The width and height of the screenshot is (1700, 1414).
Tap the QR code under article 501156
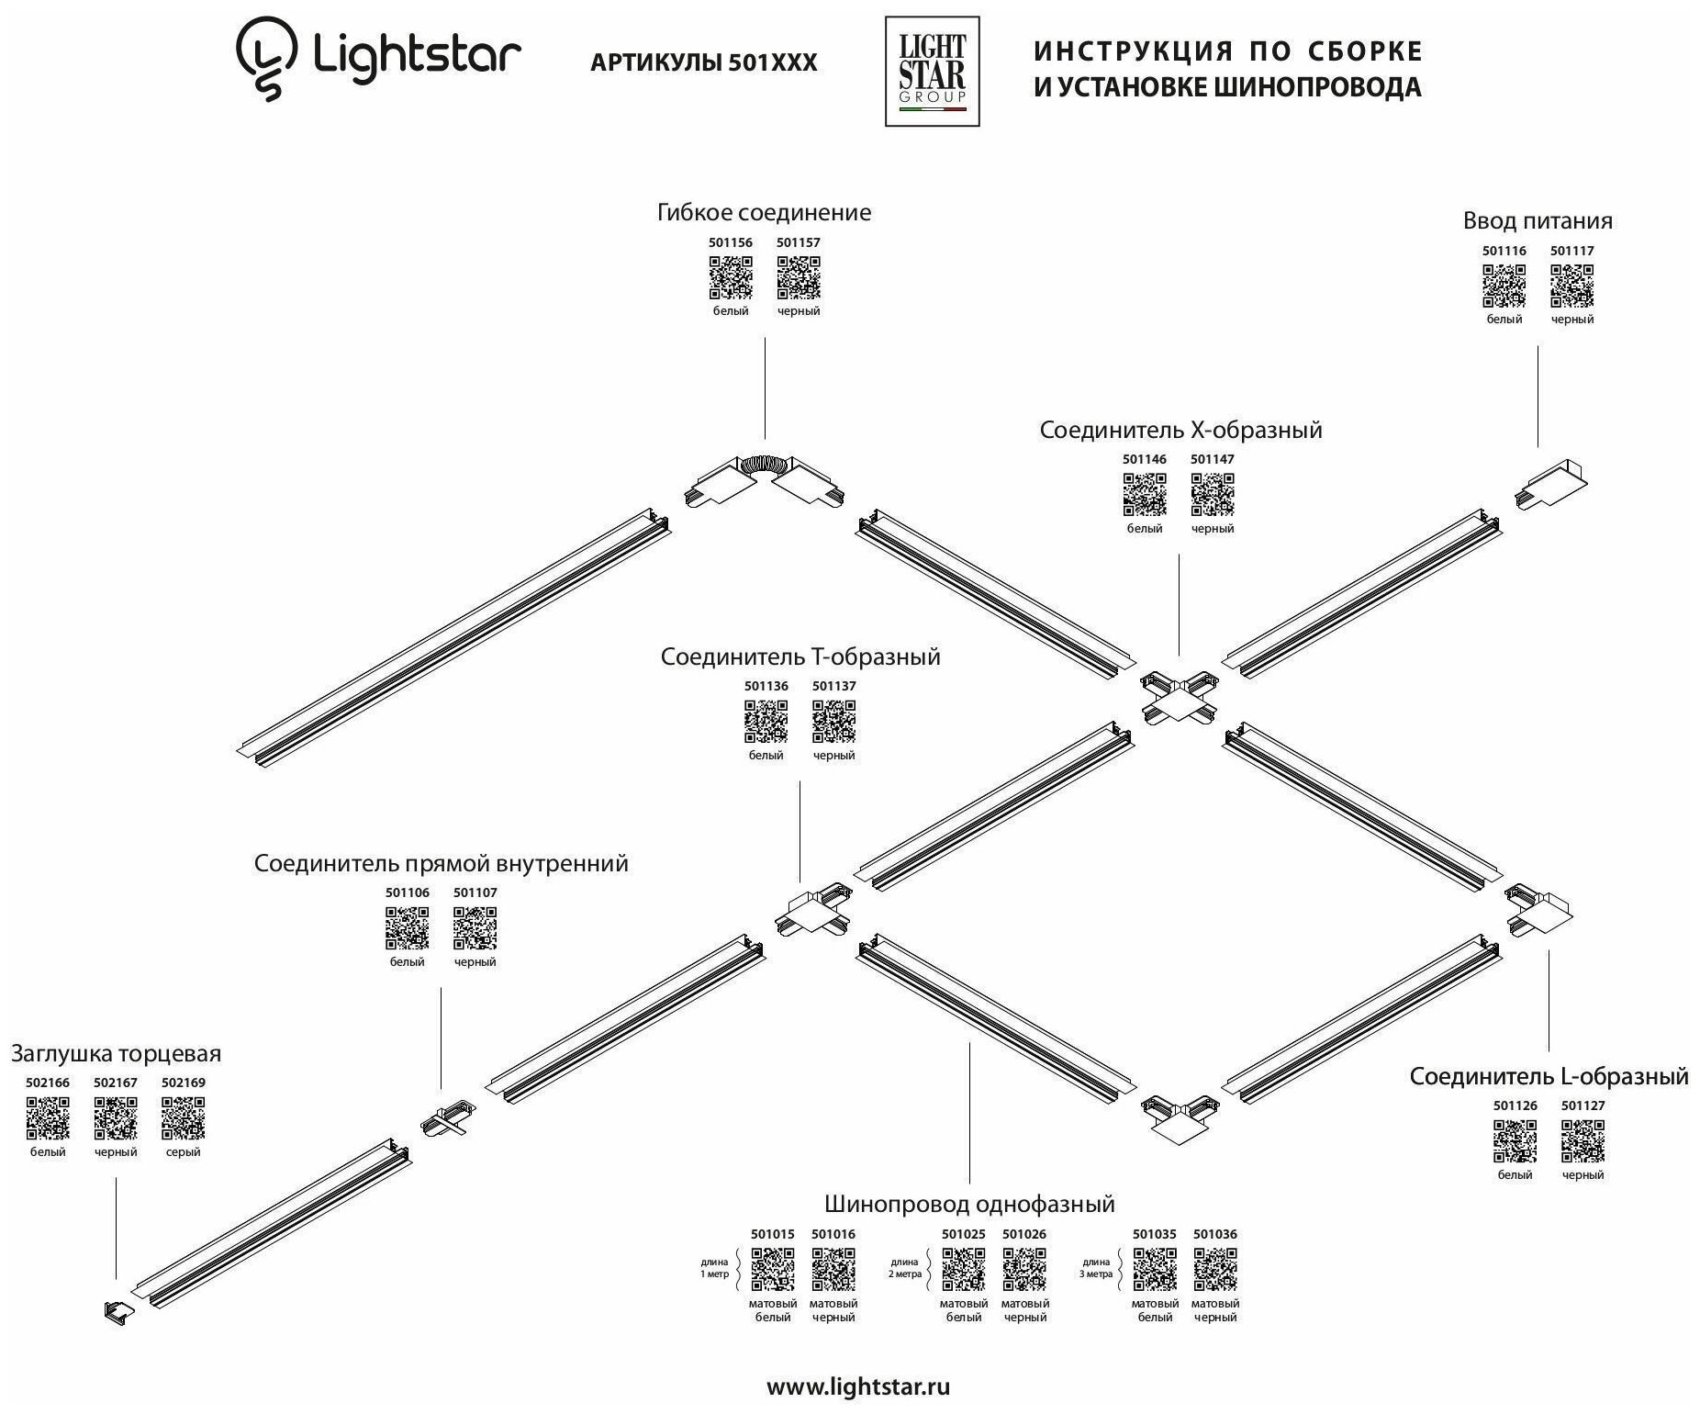(731, 278)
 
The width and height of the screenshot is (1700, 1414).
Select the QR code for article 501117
(1572, 286)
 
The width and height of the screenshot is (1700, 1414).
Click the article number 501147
(1213, 459)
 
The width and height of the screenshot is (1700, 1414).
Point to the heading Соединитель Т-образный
(800, 657)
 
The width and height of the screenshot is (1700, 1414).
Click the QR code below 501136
(766, 722)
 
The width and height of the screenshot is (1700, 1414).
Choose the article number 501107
(475, 892)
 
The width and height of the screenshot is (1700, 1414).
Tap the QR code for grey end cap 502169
(184, 1118)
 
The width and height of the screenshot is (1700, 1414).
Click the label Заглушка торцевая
(117, 1054)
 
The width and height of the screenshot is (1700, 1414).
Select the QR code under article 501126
(1515, 1141)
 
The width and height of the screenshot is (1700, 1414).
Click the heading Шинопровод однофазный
(969, 1204)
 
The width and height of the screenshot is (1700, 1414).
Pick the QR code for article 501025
(964, 1270)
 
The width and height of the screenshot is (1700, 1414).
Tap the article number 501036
(1215, 1235)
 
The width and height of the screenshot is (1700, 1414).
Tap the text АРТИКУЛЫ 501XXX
(703, 62)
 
